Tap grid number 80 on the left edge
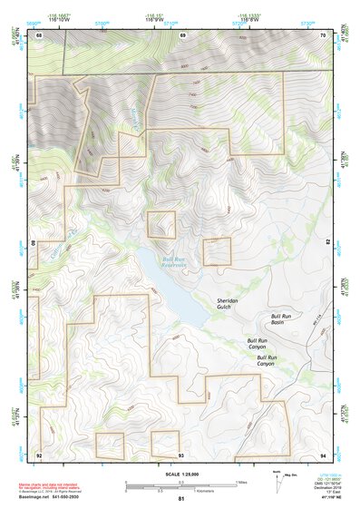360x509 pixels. (34, 243)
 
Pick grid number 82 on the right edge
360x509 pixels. (327, 243)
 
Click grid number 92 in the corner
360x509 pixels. (39, 454)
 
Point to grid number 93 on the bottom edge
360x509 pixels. (180, 454)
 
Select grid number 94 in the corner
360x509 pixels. (322, 454)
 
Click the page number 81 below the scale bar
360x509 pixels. (180, 499)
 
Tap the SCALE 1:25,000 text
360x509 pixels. (180, 474)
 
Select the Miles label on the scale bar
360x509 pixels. (241, 482)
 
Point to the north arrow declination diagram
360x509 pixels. (277, 477)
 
